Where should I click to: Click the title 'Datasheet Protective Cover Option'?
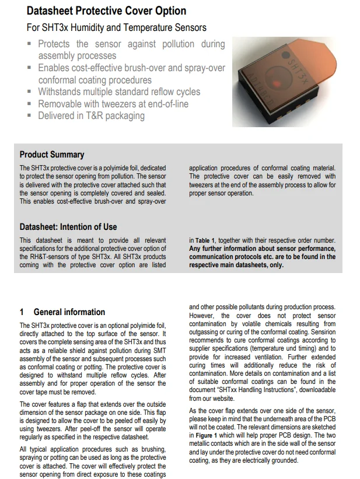[106, 11]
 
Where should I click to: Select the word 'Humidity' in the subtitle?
[100, 27]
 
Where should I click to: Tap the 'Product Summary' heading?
[52, 155]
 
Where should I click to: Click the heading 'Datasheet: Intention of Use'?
[68, 227]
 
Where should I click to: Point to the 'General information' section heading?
[69, 312]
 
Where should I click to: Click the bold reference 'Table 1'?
[205, 240]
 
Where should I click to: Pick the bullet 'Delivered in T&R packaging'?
[91, 116]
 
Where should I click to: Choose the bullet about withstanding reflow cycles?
[118, 92]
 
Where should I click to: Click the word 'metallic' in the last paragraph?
[203, 444]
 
